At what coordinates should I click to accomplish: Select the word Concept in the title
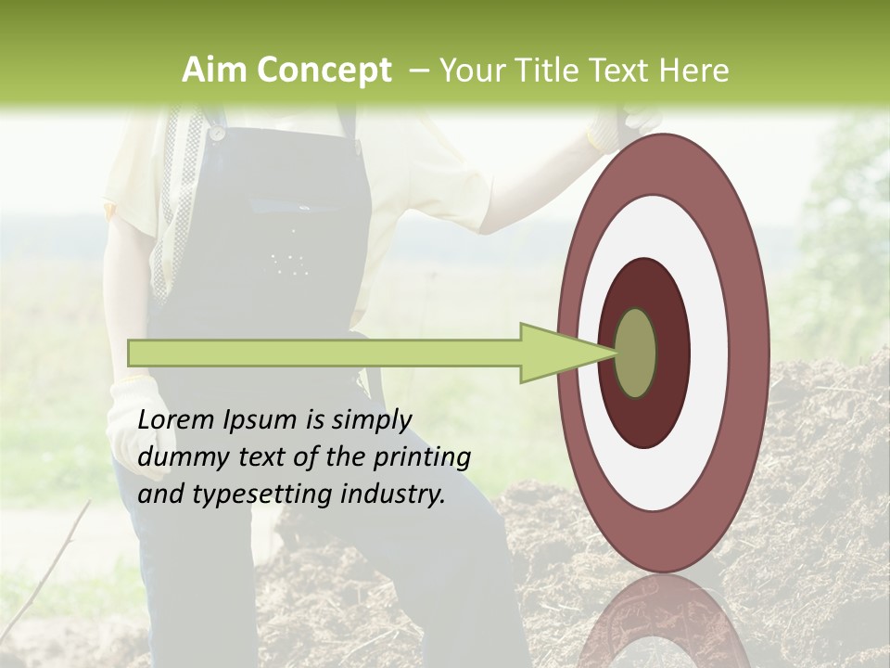pyautogui.click(x=324, y=71)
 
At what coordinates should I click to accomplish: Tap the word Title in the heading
pyautogui.click(x=558, y=71)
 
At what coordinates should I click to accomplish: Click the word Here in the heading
pyautogui.click(x=694, y=71)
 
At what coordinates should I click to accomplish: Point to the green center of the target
pyautogui.click(x=636, y=353)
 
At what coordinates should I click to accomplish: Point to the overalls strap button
pyautogui.click(x=217, y=133)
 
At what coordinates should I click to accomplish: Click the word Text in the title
pyautogui.click(x=631, y=71)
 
